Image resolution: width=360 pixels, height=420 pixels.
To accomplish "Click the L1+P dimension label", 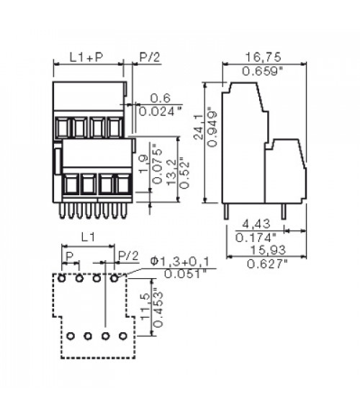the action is [86, 57].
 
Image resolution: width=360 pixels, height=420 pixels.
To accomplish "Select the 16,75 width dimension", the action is [264, 57].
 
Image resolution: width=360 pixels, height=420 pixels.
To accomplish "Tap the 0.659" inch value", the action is [263, 71].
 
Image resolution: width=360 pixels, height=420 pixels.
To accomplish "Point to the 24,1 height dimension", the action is [198, 127].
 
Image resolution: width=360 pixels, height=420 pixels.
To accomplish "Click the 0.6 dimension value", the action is [160, 98].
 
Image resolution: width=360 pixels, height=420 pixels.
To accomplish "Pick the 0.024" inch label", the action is [161, 112].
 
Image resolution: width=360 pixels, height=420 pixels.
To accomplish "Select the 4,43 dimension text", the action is [256, 224].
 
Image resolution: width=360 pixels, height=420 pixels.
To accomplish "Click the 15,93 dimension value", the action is [268, 250].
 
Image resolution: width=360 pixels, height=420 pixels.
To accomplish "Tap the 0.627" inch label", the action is [267, 264].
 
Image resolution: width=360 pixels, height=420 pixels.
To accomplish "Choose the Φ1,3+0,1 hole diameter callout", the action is [180, 262].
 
